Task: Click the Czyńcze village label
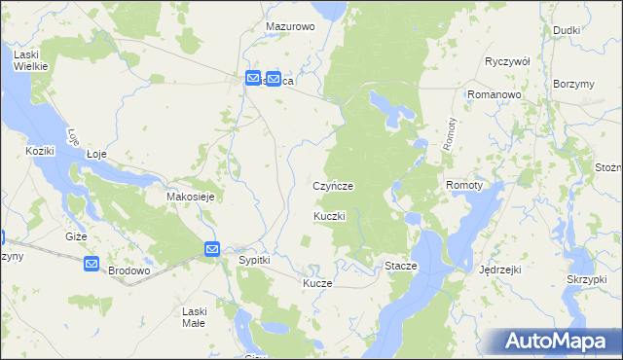tap(332, 185)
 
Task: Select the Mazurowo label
tap(290, 27)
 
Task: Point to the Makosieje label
tap(190, 196)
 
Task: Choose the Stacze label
tap(401, 266)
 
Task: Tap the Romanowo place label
tap(495, 93)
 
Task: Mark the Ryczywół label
tap(507, 60)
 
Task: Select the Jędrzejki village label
tap(502, 270)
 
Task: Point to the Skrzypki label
tap(587, 279)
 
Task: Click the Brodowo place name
tap(128, 270)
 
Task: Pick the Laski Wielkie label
tap(32, 61)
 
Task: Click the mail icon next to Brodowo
tap(92, 264)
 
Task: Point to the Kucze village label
tap(317, 283)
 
